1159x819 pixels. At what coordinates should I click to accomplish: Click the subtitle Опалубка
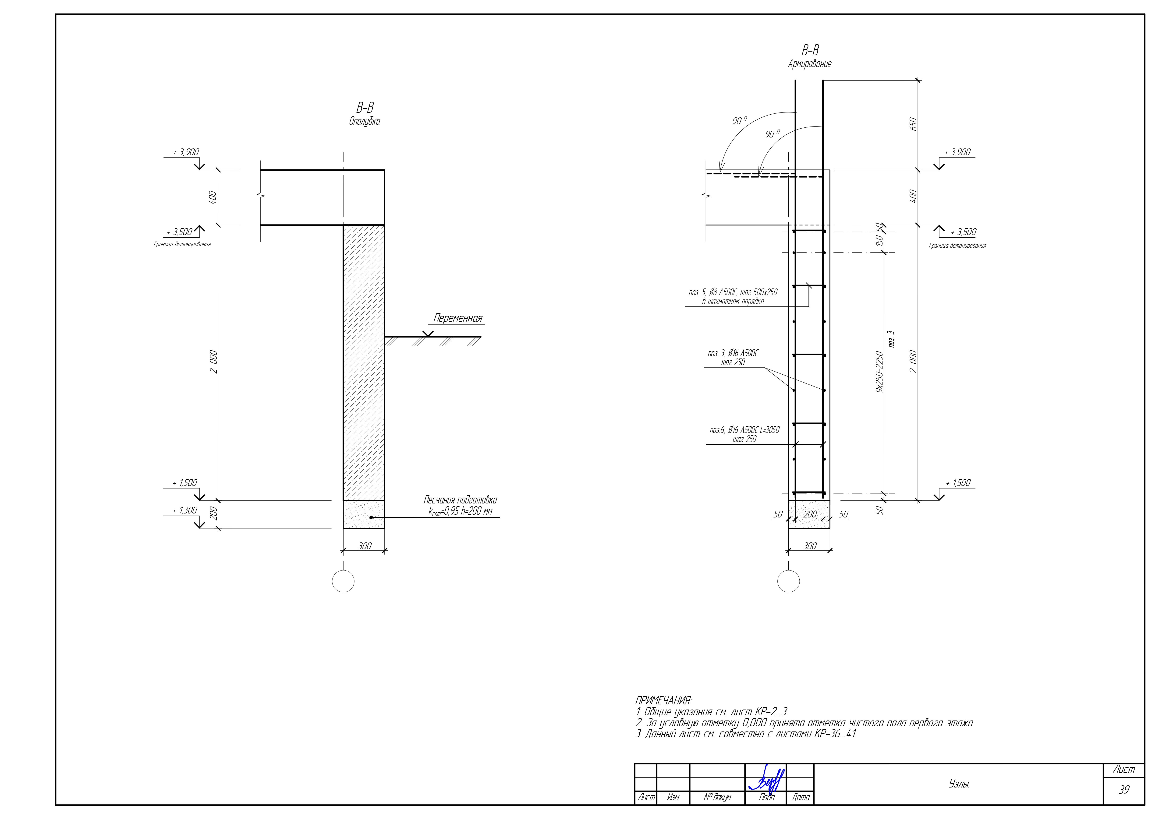[x=365, y=121]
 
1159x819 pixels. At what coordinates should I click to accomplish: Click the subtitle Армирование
[x=810, y=64]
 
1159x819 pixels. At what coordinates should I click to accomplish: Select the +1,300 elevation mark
[x=185, y=510]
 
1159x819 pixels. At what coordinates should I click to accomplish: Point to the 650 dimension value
[x=913, y=124]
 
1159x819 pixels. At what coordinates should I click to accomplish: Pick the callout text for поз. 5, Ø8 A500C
[x=733, y=297]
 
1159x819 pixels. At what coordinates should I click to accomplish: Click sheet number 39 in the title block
[x=1124, y=790]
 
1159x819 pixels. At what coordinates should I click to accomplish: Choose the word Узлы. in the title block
[x=959, y=784]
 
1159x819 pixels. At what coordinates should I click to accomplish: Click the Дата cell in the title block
[x=801, y=797]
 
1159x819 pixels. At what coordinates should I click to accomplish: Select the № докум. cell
[x=717, y=797]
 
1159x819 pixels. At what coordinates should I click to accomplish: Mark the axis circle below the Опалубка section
[x=343, y=581]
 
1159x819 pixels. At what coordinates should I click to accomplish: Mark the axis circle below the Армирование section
[x=788, y=581]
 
